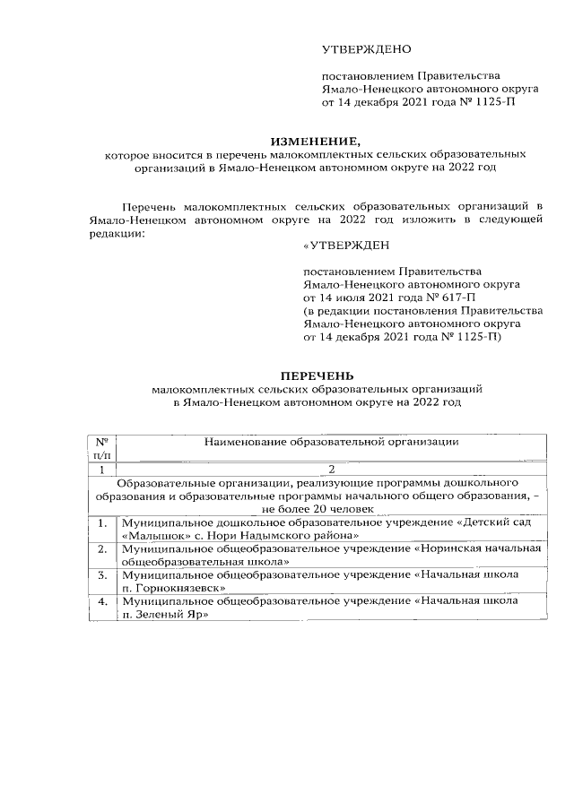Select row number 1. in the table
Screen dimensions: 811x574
(x=103, y=522)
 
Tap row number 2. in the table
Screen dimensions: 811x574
(x=103, y=548)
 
